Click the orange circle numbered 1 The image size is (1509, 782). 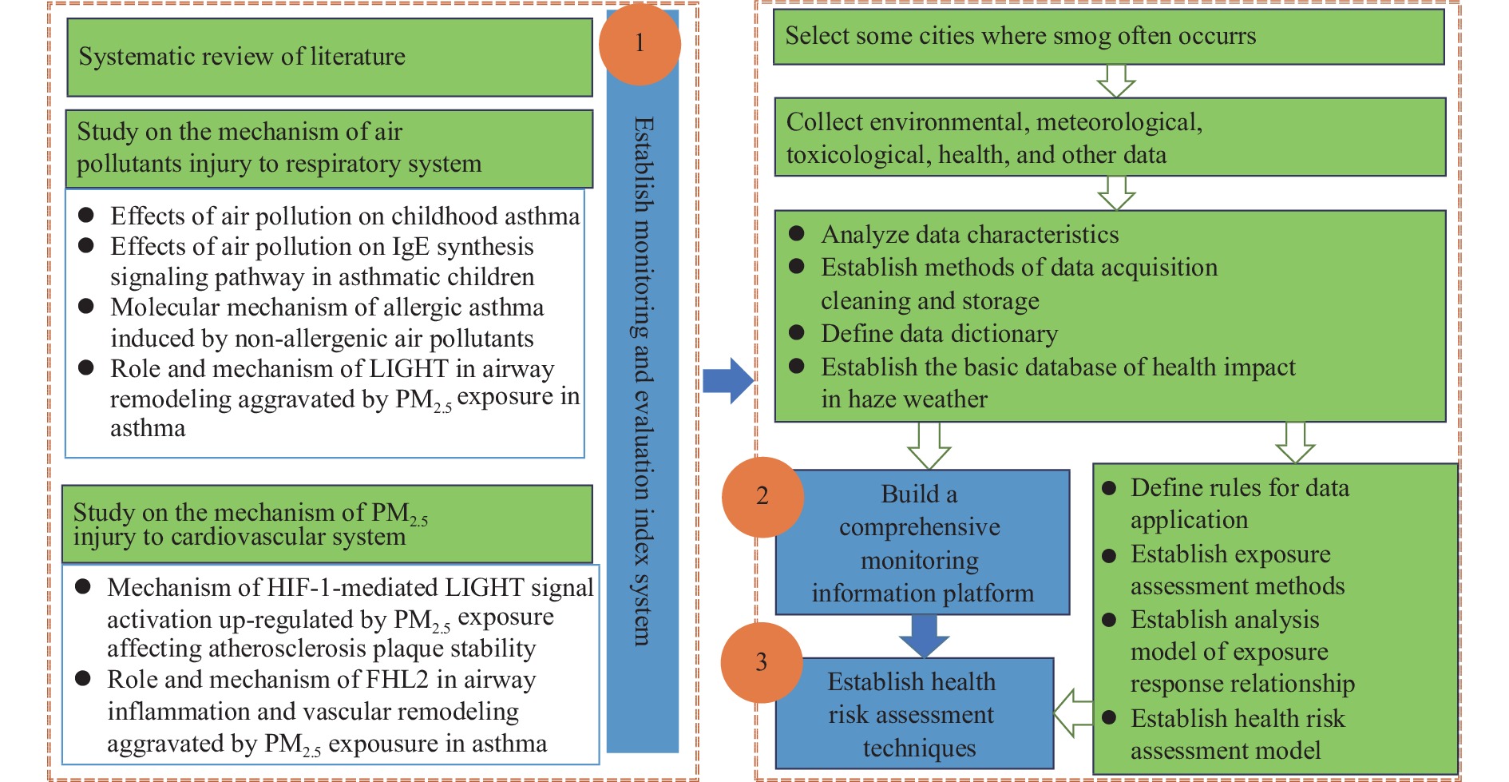pyautogui.click(x=640, y=44)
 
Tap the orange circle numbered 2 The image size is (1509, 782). pyautogui.click(x=762, y=497)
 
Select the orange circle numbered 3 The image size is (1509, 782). pyautogui.click(x=762, y=662)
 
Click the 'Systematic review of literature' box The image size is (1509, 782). pyautogui.click(x=329, y=58)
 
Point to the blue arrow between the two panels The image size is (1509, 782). pyautogui.click(x=728, y=380)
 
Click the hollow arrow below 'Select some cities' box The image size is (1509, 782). pyautogui.click(x=1116, y=81)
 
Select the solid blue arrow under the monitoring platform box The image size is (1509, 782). pyautogui.click(x=924, y=636)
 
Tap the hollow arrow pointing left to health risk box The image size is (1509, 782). pyautogui.click(x=1073, y=713)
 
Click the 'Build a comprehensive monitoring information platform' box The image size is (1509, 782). pyautogui.click(x=922, y=542)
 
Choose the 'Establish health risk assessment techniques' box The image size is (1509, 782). pyautogui.click(x=914, y=713)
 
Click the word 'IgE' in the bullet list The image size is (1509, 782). pyautogui.click(x=410, y=247)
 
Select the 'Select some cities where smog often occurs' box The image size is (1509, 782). pyautogui.click(x=1109, y=37)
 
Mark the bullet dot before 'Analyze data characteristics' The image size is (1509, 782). pyautogui.click(x=796, y=233)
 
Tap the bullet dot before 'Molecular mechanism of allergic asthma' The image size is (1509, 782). pyautogui.click(x=86, y=307)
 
